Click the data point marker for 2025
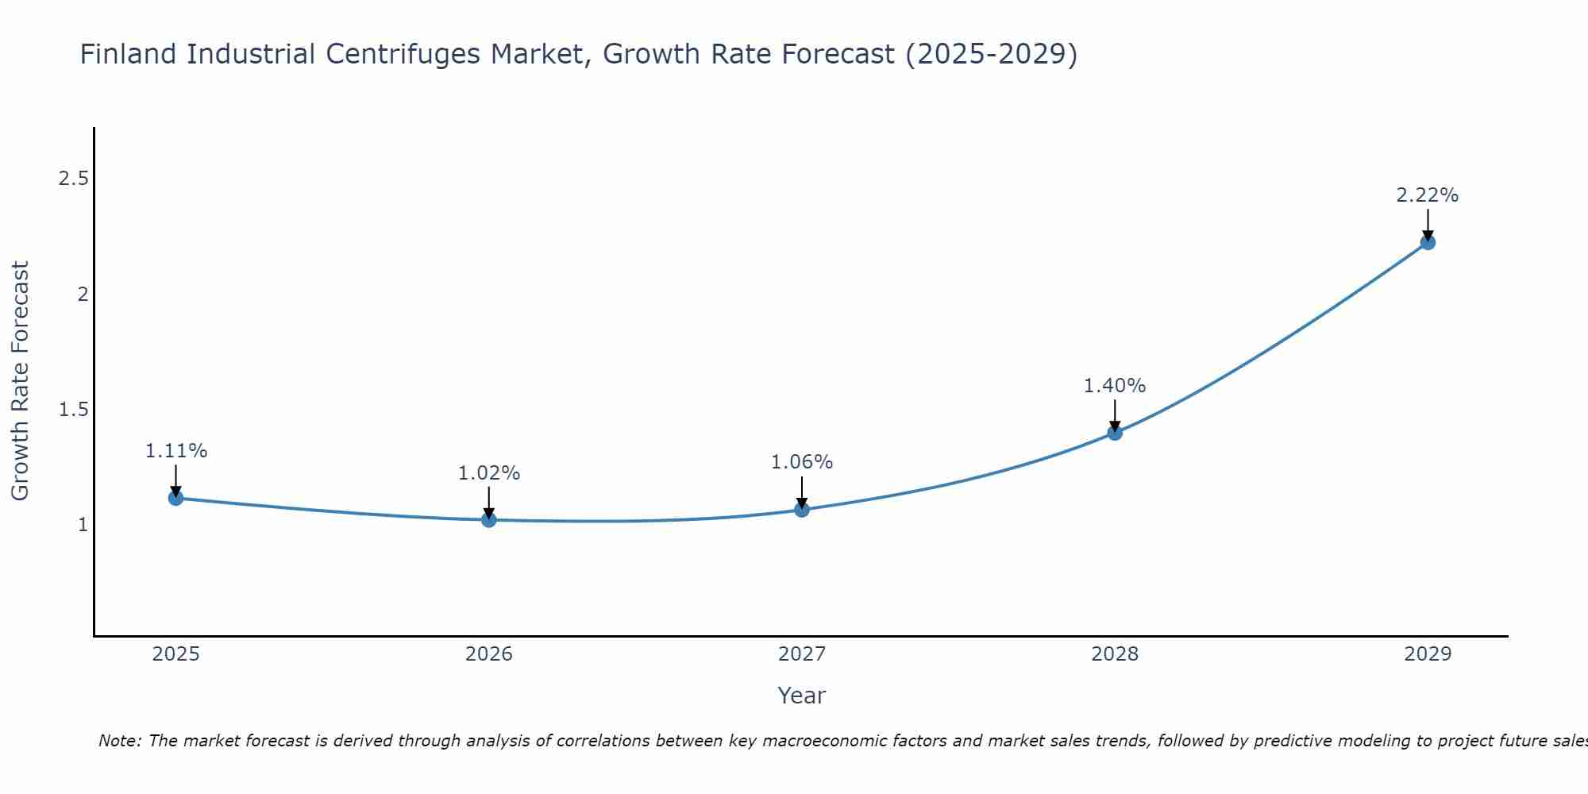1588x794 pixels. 176,498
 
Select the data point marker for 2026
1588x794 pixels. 489,519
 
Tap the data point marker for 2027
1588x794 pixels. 802,509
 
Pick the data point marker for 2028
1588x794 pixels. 1115,432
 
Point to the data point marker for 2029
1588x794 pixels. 1428,242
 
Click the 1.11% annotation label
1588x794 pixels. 176,451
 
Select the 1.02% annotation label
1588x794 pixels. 489,473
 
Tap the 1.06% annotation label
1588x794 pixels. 802,462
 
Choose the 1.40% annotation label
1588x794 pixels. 1115,386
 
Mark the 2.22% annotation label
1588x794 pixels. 1428,195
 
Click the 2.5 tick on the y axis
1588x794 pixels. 73,179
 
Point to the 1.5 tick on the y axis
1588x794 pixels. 73,410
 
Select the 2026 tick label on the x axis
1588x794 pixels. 489,654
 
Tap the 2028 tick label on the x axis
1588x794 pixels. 1115,654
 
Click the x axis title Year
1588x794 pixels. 802,696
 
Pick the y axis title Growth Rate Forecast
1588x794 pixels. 21,381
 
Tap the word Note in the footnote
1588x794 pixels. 119,741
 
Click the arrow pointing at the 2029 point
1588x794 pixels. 1428,225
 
